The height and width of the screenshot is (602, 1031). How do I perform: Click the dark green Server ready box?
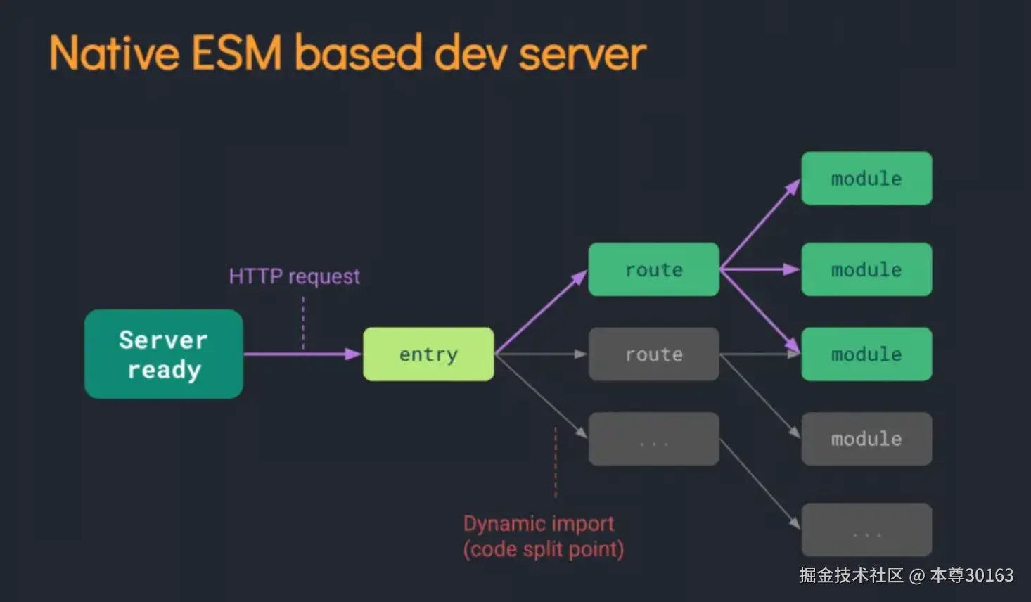163,354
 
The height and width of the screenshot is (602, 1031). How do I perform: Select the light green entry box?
428,354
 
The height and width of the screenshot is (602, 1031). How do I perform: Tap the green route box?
653,269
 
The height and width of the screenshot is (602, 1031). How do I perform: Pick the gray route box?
653,354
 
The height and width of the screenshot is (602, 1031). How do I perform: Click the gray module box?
866,439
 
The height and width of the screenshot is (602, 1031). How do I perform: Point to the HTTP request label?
294,276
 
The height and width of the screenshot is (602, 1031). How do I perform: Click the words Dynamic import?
539,524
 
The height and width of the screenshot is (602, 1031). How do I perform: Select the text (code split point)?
543,549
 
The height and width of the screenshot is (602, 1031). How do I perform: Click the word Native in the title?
115,54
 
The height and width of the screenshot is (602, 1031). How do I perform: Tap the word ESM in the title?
236,54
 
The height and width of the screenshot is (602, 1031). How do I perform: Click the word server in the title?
582,54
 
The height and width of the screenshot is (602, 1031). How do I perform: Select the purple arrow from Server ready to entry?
302,354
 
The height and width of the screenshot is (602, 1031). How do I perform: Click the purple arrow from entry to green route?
540,312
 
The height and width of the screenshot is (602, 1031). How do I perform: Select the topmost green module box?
866,179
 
